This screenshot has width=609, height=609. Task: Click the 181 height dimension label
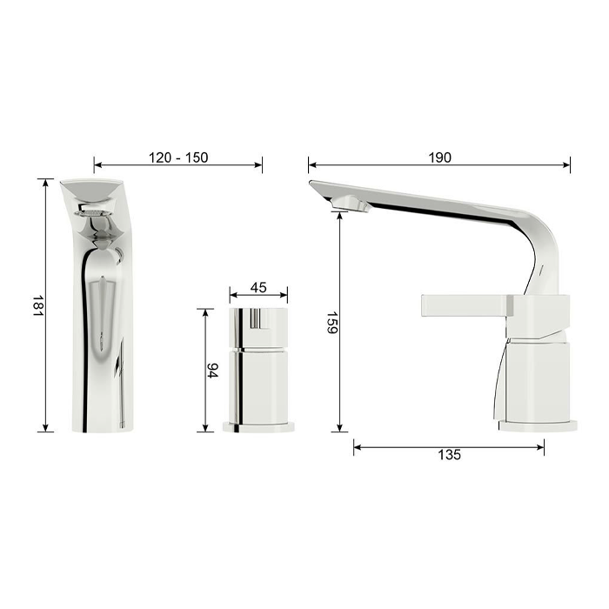[37, 305]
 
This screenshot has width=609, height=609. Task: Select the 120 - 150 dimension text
[178, 157]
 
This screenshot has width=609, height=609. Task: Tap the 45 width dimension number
[258, 287]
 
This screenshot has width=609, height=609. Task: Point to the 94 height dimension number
[212, 370]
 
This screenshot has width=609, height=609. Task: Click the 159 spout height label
[332, 323]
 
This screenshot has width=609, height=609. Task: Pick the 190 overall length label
[439, 157]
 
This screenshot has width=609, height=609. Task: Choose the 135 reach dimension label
[449, 454]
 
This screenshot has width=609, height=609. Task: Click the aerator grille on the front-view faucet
[91, 212]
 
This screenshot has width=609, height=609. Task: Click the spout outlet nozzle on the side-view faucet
[350, 204]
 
